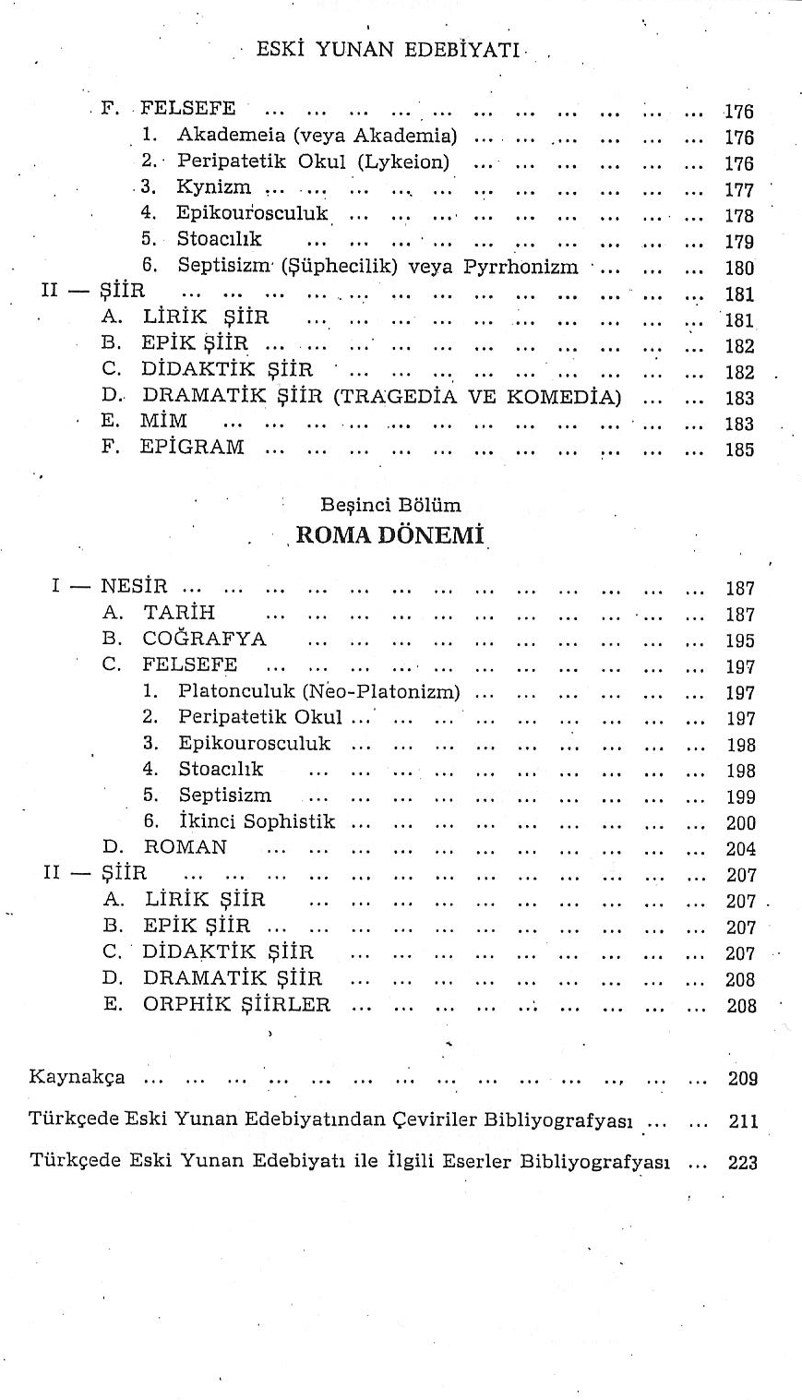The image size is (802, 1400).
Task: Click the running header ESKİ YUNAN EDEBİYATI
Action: (x=388, y=50)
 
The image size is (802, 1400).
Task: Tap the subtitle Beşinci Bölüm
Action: (x=390, y=505)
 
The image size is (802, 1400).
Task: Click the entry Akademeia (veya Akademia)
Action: (x=317, y=136)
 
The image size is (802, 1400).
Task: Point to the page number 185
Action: (x=739, y=451)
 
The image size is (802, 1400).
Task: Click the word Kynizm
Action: (x=214, y=187)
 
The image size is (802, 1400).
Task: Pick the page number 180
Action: (x=739, y=269)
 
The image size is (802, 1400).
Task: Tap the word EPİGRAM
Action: (x=192, y=448)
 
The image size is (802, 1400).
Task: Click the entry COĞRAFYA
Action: (x=204, y=639)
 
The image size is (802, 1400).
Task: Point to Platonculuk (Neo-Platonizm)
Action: (x=318, y=691)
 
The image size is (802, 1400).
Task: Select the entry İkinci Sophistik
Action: (x=257, y=820)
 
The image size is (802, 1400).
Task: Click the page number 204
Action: (x=740, y=849)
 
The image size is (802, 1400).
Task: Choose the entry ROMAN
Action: (x=185, y=846)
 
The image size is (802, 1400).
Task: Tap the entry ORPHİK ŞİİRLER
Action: (x=235, y=1004)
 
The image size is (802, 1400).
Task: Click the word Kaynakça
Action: (x=78, y=1076)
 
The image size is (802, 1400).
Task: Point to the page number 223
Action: (x=742, y=1163)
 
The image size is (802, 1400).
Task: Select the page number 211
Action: (x=742, y=1121)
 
